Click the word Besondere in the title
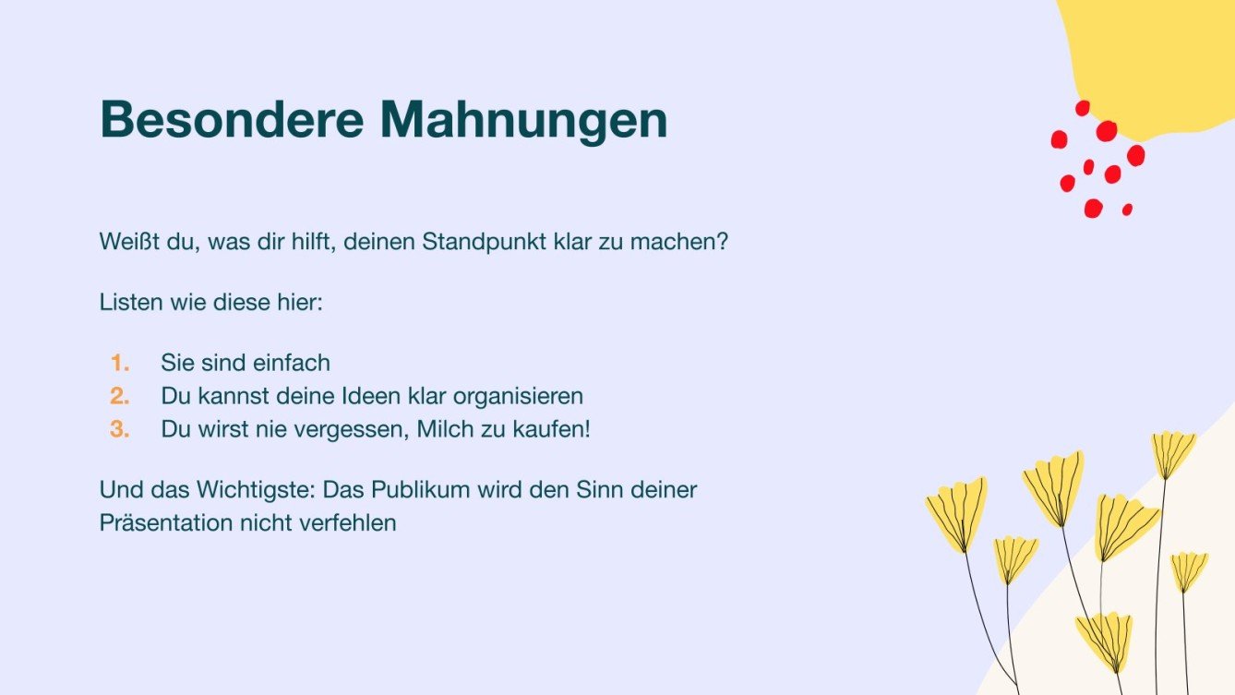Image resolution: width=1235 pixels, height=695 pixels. pyautogui.click(x=230, y=120)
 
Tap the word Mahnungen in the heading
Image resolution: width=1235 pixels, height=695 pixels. pyautogui.click(x=523, y=120)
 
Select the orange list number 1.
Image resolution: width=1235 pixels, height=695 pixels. pyautogui.click(x=120, y=363)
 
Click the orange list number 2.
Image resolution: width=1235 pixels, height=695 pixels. pyautogui.click(x=120, y=396)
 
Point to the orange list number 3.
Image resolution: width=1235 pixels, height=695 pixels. pyautogui.click(x=120, y=429)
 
